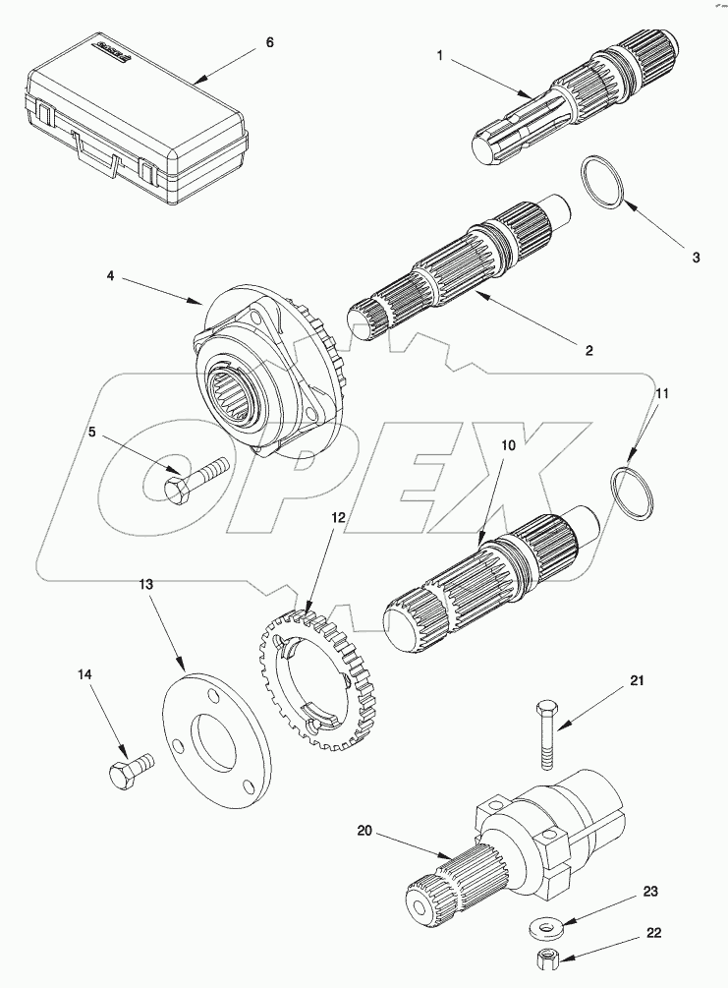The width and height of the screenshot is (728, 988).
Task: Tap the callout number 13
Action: pyautogui.click(x=146, y=583)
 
